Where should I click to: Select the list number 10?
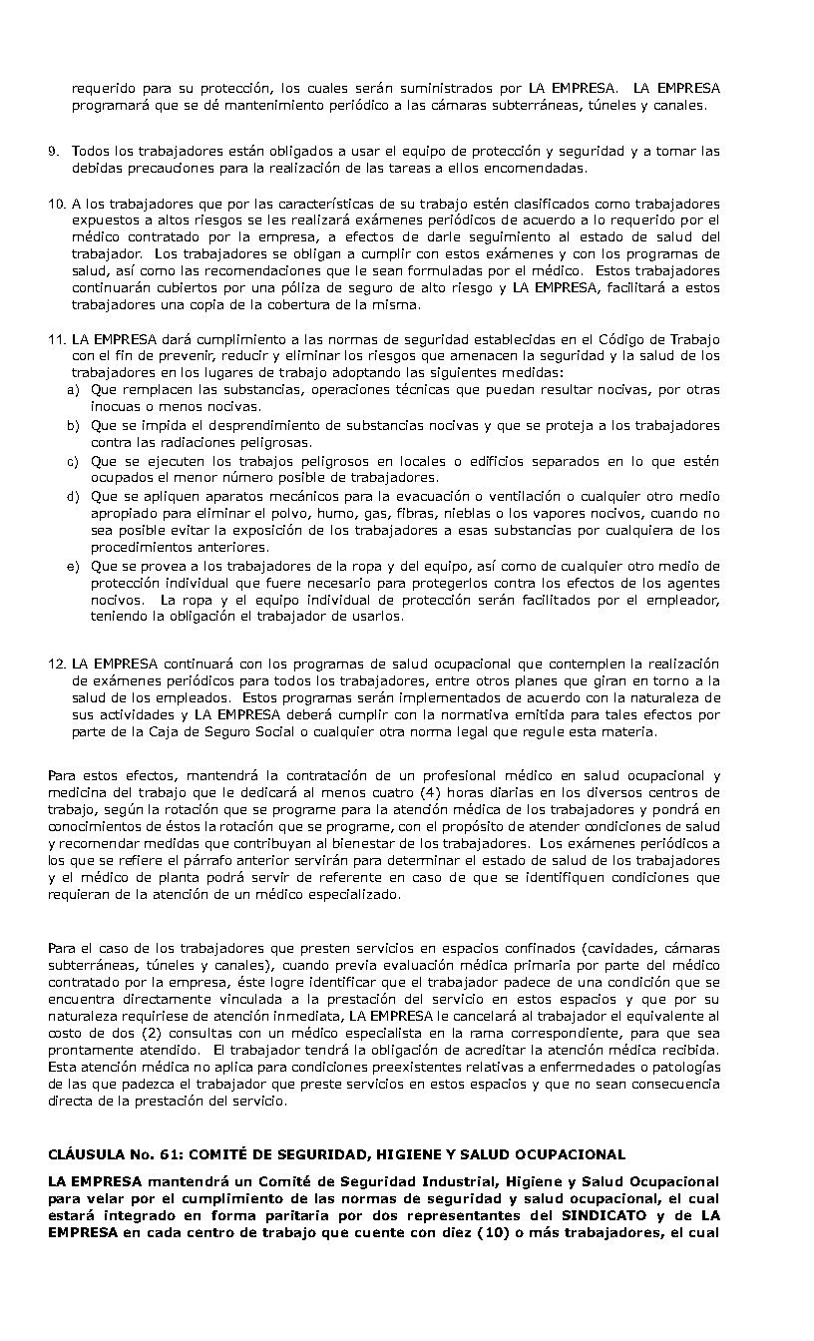point(56,203)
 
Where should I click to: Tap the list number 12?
point(56,664)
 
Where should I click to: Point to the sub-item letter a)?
point(73,389)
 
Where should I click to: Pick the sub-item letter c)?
point(73,461)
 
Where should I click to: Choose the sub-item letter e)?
point(73,566)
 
